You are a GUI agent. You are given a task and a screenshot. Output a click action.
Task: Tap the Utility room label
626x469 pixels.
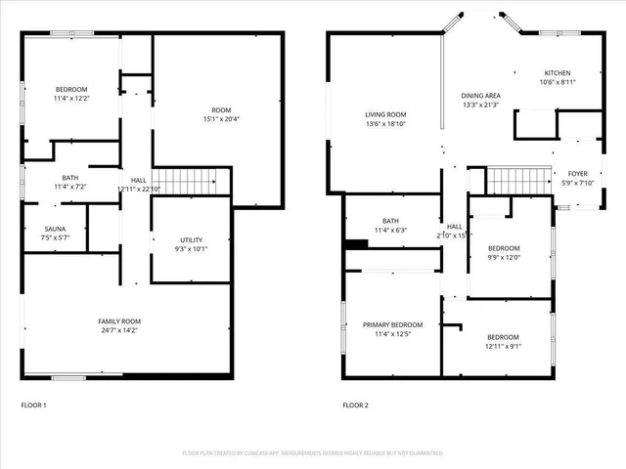[192, 239]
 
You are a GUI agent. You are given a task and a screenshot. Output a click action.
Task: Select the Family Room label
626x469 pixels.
[119, 321]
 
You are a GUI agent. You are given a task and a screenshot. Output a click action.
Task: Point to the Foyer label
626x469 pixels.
[578, 173]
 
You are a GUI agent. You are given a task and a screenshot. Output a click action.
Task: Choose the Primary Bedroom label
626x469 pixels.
[392, 324]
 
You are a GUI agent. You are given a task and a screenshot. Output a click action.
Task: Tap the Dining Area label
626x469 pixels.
[480, 96]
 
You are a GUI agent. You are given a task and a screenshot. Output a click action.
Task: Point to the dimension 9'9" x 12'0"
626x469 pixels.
[504, 258]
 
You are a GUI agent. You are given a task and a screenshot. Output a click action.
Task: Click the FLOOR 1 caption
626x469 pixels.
[33, 405]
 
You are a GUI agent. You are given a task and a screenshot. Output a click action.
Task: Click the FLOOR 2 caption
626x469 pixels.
[355, 405]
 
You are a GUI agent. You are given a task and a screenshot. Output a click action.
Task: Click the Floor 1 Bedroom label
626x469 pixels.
[70, 89]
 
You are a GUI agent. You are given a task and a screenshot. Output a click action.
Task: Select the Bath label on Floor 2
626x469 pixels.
[391, 221]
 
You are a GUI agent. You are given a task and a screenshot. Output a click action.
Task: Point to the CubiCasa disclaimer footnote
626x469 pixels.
[313, 453]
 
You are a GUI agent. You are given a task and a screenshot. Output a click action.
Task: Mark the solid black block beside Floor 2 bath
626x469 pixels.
[357, 243]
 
